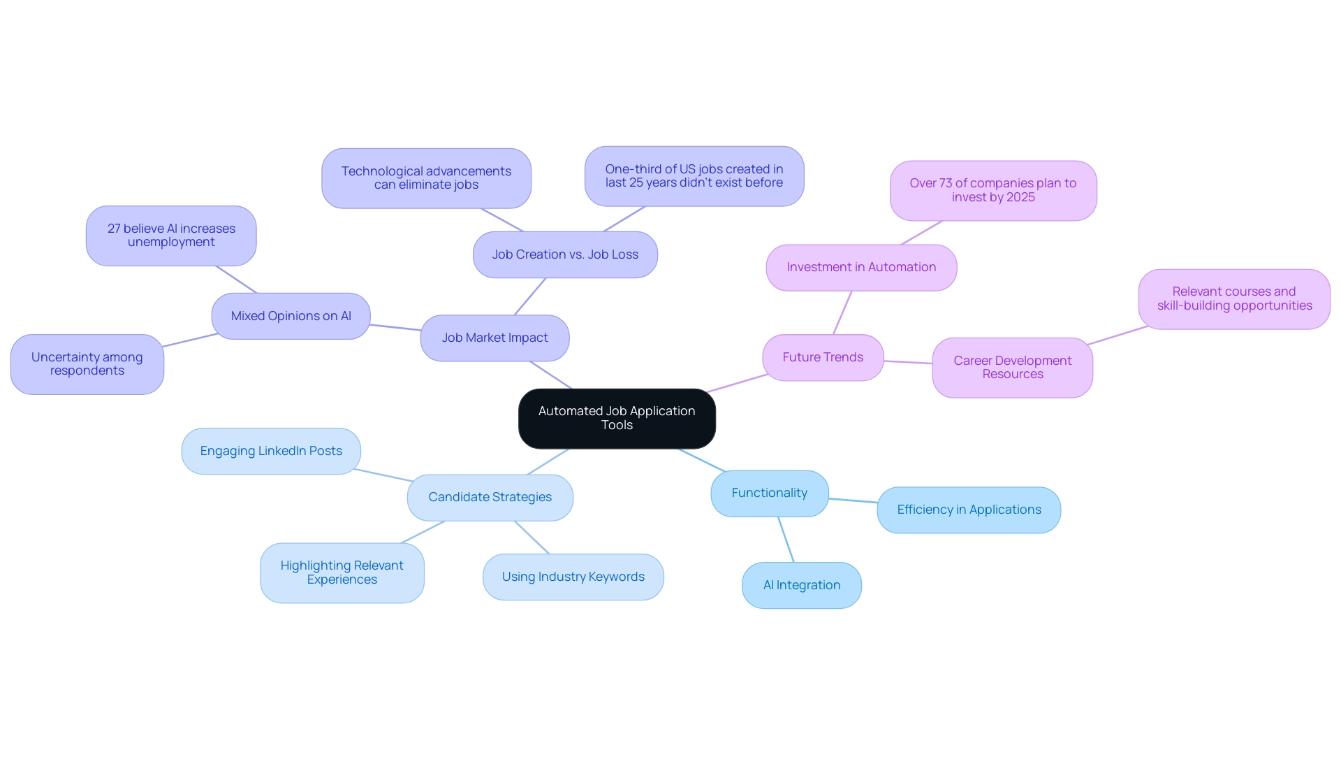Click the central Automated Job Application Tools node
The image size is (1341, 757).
pos(617,418)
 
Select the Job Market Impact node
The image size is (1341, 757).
pos(494,338)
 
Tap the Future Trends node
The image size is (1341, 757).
pos(823,357)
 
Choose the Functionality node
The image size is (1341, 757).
pos(769,493)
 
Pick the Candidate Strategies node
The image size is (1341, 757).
pos(490,497)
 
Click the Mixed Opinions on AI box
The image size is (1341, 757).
pos(291,316)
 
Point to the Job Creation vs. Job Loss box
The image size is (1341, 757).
pos(565,254)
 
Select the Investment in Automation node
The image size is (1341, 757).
pos(861,267)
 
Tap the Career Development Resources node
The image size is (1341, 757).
pos(1012,367)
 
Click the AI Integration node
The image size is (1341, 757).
pos(801,585)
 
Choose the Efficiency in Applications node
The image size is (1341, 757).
pos(969,510)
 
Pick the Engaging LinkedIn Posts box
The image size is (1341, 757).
pos(271,451)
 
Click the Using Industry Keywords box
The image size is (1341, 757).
pos(573,577)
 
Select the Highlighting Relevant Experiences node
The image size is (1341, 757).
pos(342,572)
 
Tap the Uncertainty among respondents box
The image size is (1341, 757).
pos(87,363)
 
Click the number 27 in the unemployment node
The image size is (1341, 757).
pos(114,229)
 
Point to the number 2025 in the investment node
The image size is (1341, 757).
pos(1020,197)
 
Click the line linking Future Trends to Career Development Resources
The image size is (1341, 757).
pos(908,362)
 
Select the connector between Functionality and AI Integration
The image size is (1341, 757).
pos(786,540)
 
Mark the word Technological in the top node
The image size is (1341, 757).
pos(383,171)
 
